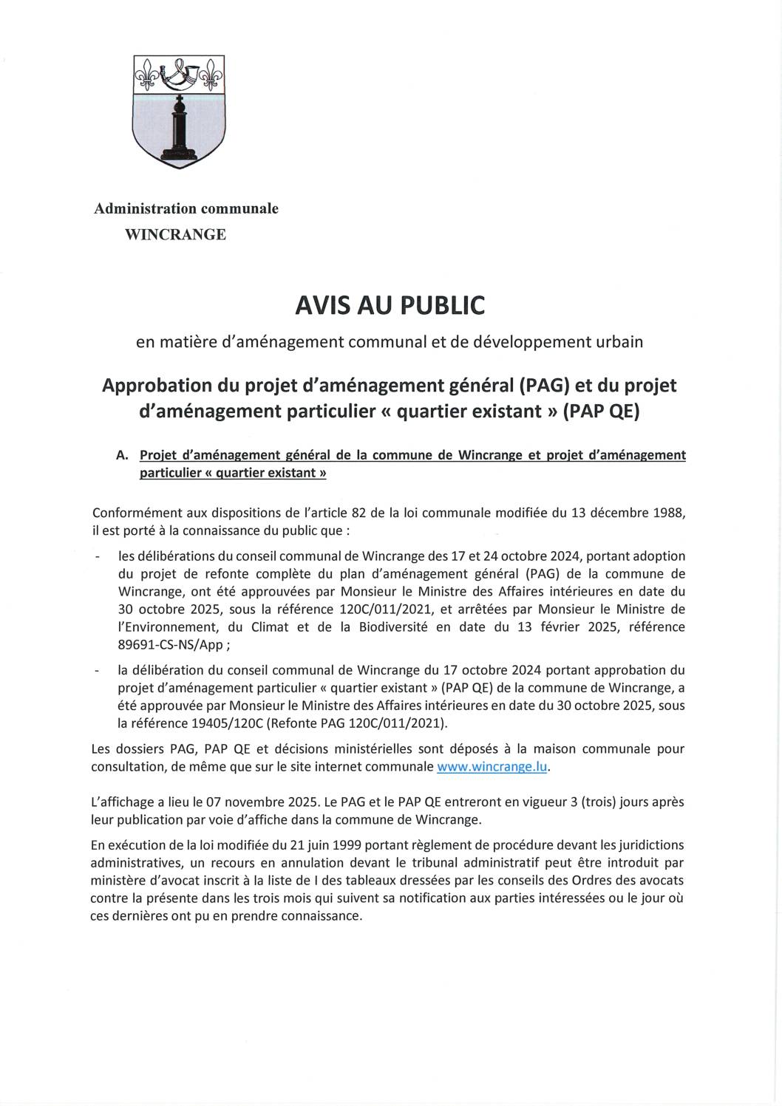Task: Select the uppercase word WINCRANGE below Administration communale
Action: coord(176,235)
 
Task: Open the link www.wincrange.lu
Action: coord(492,766)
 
